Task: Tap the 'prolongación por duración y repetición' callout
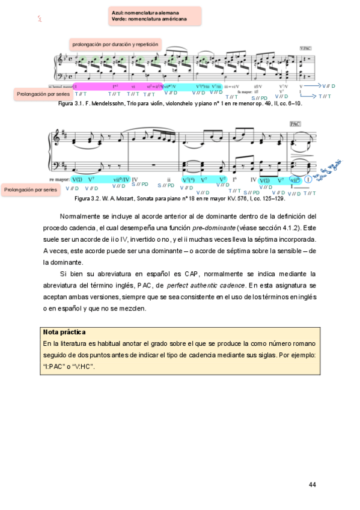[115, 45]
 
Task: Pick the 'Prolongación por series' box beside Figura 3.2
[30, 189]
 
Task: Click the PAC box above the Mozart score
[294, 123]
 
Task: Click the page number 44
[312, 485]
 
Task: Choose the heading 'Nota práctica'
[64, 332]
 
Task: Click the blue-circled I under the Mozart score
[308, 179]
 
